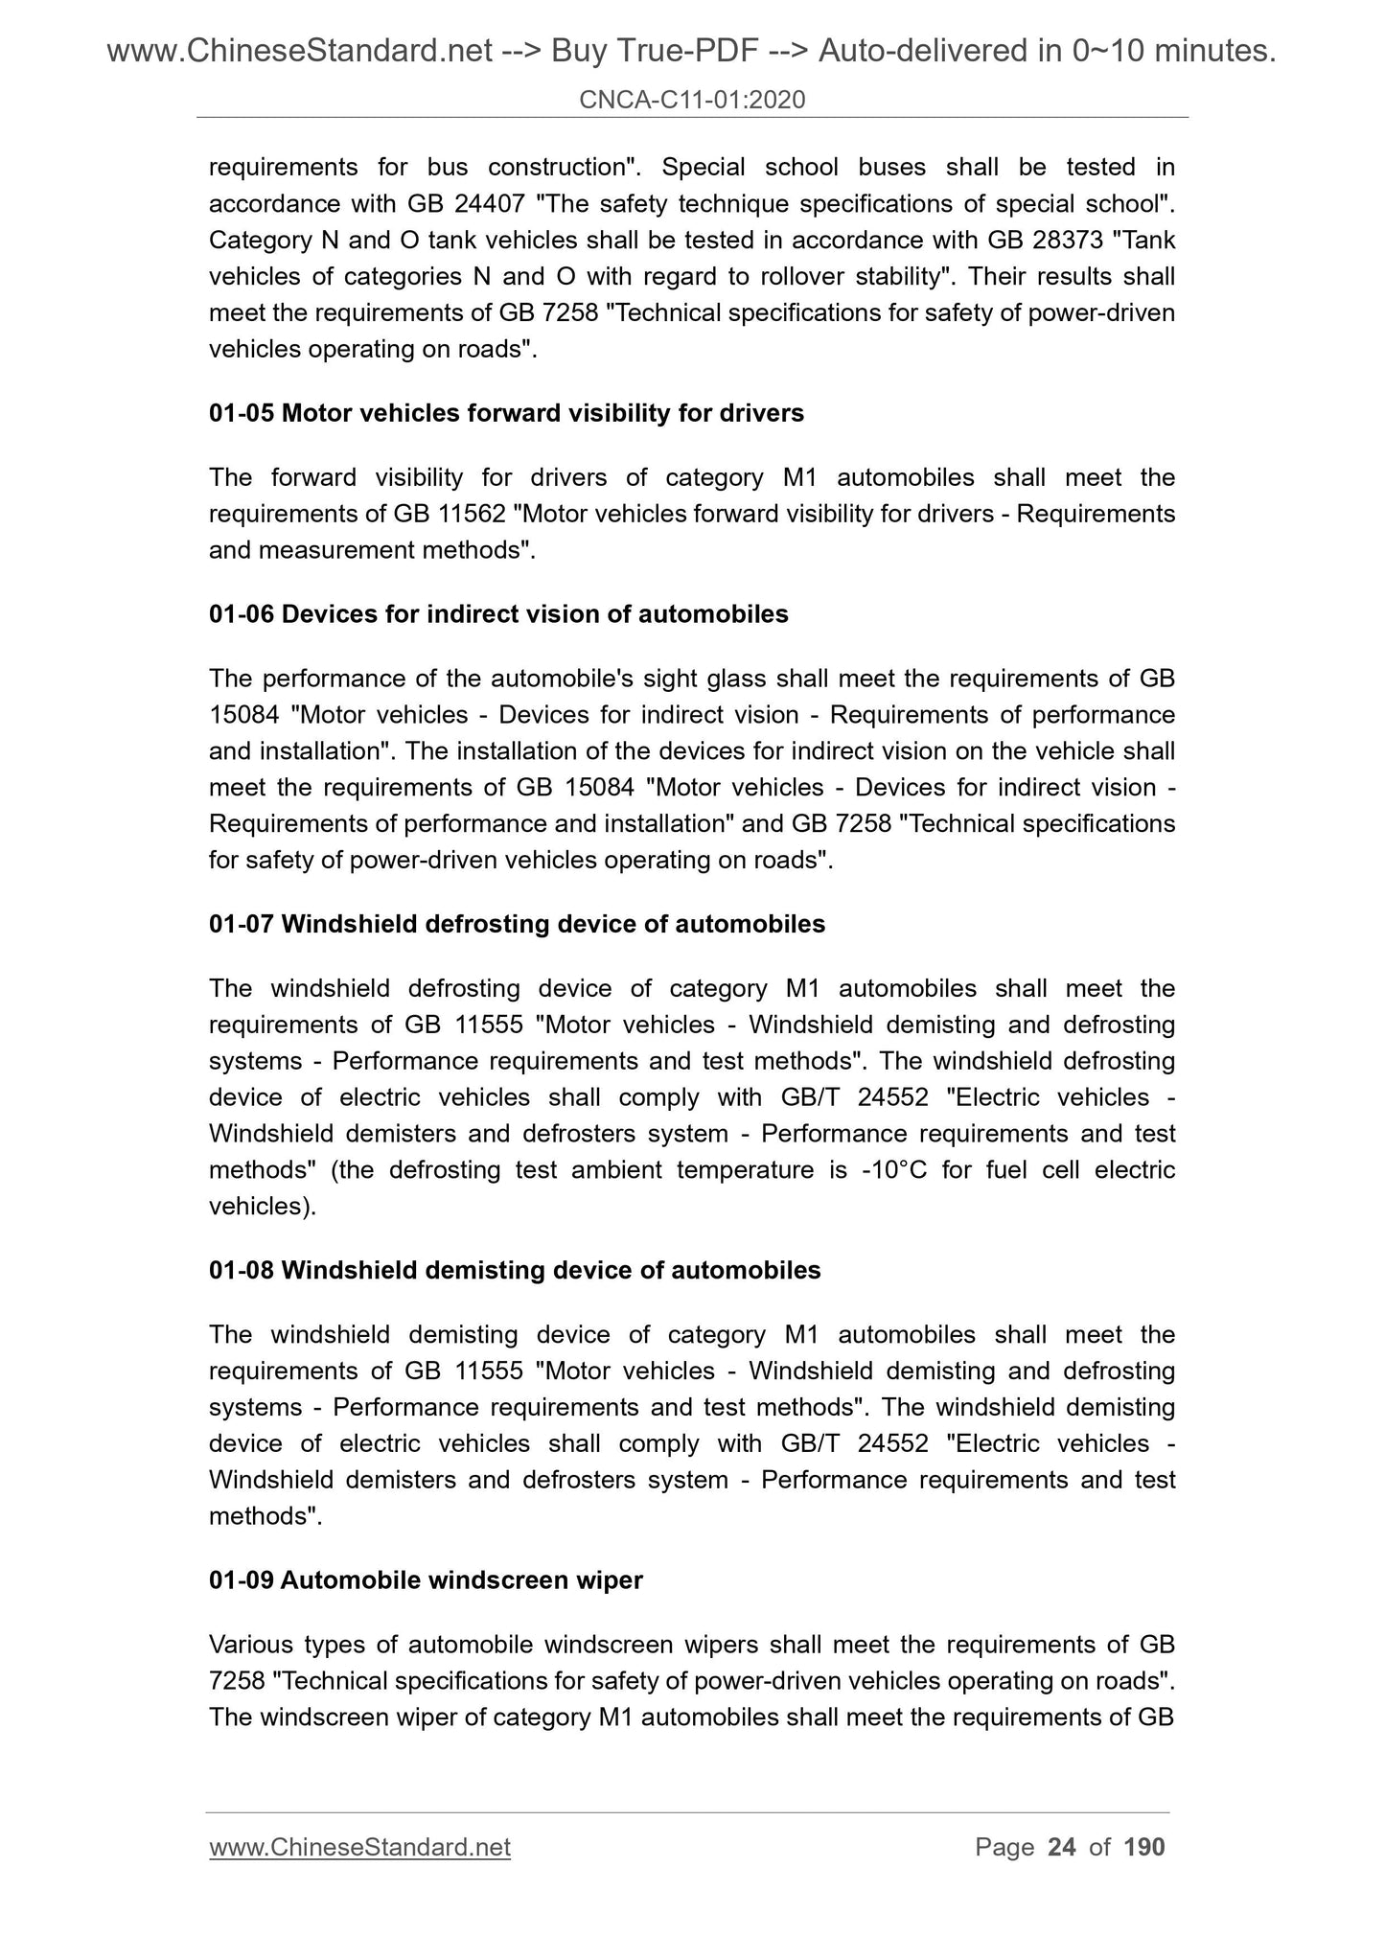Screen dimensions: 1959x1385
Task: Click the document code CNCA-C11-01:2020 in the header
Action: (692, 99)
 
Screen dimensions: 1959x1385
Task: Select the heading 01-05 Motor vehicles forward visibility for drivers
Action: (506, 413)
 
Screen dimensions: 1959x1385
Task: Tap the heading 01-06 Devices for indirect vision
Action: (498, 614)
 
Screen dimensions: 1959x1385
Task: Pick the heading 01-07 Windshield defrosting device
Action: (517, 924)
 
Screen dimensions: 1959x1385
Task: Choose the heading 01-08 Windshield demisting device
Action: (515, 1270)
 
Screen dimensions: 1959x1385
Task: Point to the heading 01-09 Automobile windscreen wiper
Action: (426, 1579)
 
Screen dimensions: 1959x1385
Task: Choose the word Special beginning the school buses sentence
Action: (704, 167)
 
